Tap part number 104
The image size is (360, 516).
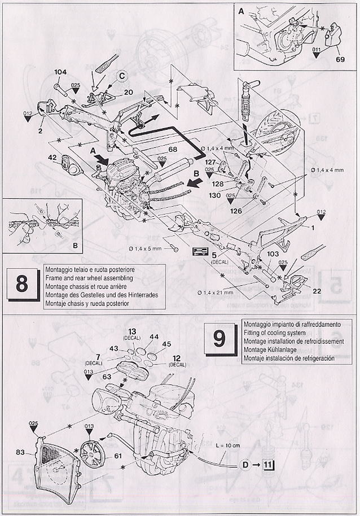coord(60,72)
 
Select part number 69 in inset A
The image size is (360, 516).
coord(339,58)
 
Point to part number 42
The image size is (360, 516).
coord(51,158)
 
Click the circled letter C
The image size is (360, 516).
coord(122,76)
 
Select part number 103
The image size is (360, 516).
coord(273,255)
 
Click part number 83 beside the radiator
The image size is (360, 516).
coord(20,451)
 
